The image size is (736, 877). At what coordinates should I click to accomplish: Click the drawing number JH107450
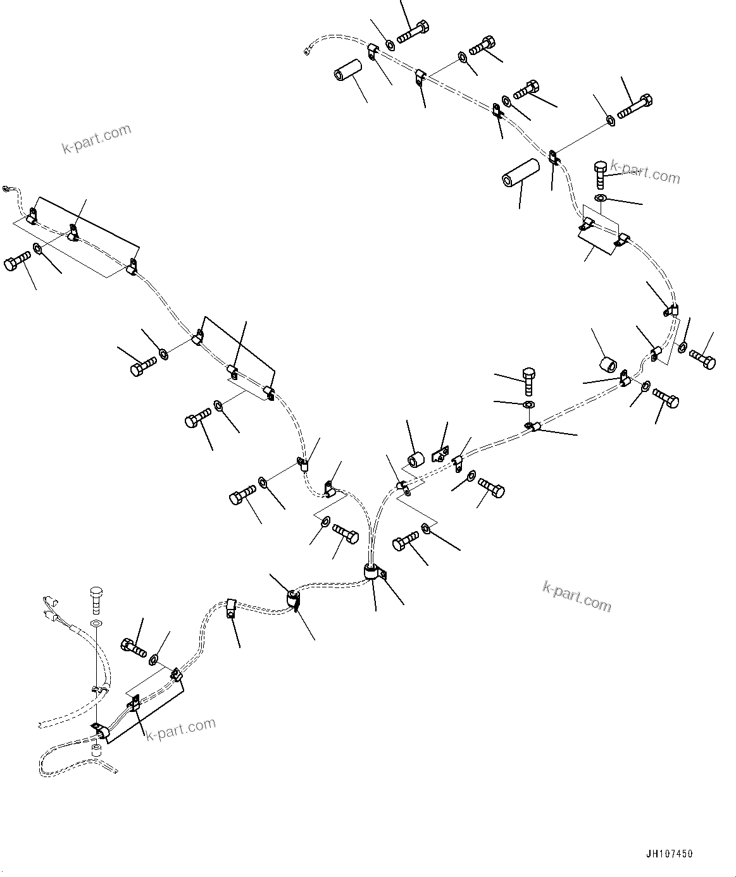[670, 854]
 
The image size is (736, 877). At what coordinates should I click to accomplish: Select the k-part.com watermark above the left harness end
[96, 138]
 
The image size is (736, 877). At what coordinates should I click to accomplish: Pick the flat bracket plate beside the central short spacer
[440, 455]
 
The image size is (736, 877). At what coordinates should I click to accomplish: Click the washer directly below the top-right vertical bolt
[600, 200]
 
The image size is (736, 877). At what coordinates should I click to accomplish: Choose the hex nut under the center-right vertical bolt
[529, 404]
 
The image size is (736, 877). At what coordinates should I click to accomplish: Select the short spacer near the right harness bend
[609, 365]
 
